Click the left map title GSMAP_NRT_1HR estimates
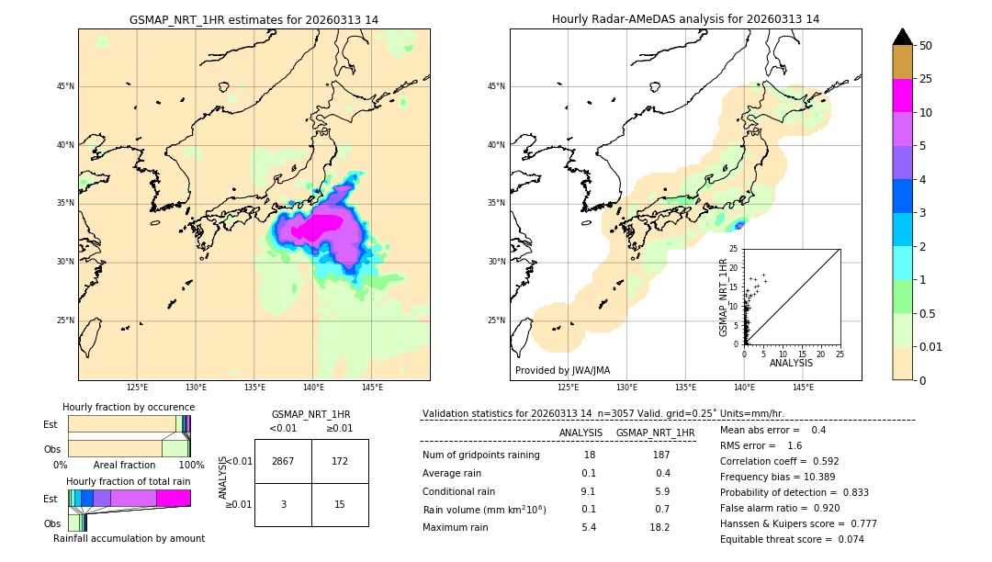254,19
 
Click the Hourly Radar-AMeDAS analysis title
685,19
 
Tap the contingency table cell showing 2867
283,461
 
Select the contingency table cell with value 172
340,461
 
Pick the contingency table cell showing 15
340,504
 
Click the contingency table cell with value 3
283,504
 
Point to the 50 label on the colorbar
926,46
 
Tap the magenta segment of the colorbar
903,96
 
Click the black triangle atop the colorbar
903,37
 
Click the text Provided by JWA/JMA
562,370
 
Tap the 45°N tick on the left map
64,86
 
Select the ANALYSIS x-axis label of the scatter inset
791,363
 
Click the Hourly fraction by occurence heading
129,407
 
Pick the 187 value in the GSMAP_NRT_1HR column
660,455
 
